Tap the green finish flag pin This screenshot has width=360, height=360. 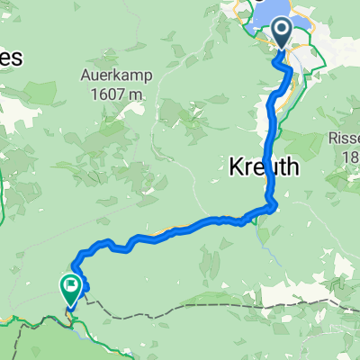[69, 287]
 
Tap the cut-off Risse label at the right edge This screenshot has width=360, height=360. [343, 140]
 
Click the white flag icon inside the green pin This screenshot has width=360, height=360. [69, 285]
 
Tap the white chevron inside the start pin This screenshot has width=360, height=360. [282, 32]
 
